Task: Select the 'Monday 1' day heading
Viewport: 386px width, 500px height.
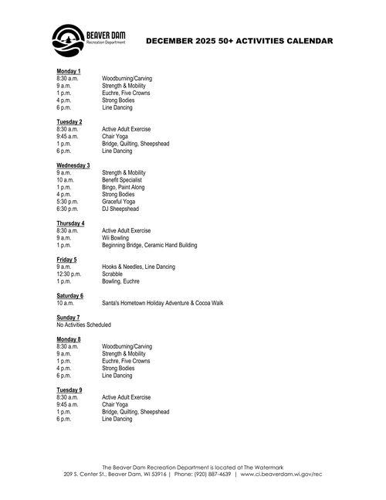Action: tap(69, 71)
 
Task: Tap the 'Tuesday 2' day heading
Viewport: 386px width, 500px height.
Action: tap(69, 121)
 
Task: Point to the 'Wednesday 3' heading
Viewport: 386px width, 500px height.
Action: tap(73, 165)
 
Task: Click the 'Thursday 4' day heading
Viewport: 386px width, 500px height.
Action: tap(71, 223)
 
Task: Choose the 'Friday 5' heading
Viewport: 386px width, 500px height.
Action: tap(66, 260)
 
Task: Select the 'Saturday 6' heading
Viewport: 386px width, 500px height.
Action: tap(69, 295)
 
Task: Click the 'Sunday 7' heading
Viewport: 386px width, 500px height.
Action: tap(68, 317)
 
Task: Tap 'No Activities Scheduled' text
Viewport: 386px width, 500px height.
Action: tap(83, 325)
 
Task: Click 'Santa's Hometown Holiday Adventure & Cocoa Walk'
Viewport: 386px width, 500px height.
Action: tap(162, 303)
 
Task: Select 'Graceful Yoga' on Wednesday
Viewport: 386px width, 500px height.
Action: tap(120, 202)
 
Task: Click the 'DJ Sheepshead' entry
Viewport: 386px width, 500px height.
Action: tap(120, 209)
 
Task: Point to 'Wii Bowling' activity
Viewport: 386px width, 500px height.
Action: tap(117, 238)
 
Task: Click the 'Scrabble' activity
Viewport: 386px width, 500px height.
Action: tap(113, 274)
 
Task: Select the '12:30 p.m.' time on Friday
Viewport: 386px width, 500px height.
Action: tap(69, 274)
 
